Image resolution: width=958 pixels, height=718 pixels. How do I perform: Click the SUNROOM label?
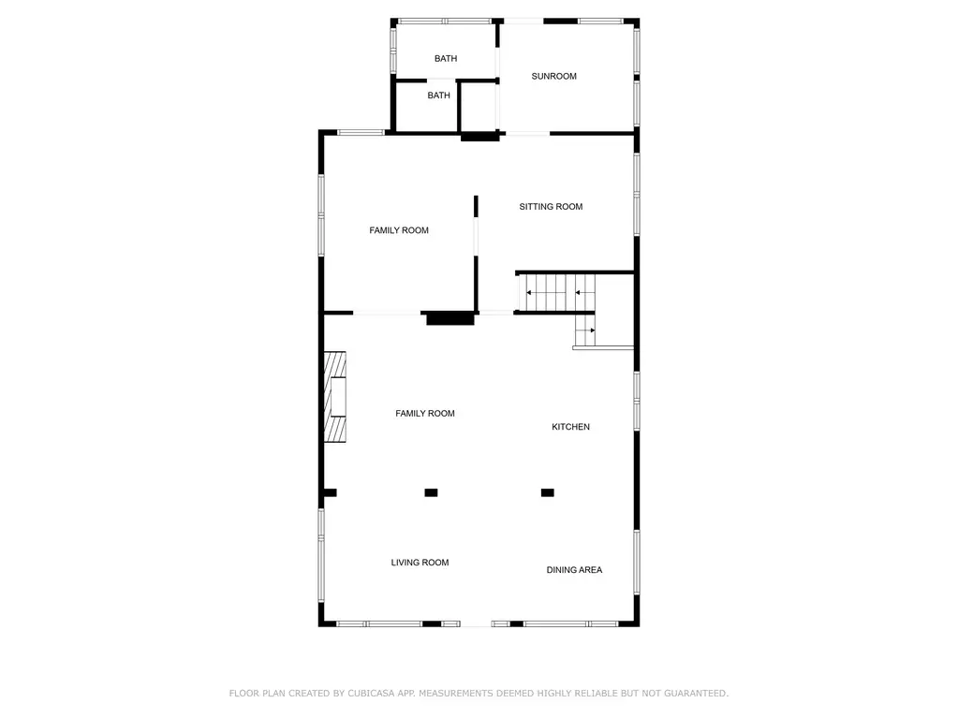pyautogui.click(x=553, y=77)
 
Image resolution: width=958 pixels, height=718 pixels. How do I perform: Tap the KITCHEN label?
pyautogui.click(x=570, y=427)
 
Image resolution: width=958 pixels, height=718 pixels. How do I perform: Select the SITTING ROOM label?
pyautogui.click(x=551, y=206)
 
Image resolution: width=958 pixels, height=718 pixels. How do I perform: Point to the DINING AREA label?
pyautogui.click(x=574, y=570)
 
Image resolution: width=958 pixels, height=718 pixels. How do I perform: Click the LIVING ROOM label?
pyautogui.click(x=420, y=563)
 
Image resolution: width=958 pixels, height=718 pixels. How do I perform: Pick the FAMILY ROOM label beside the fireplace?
pyautogui.click(x=424, y=414)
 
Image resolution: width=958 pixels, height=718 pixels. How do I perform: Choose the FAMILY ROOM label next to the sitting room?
pyautogui.click(x=398, y=230)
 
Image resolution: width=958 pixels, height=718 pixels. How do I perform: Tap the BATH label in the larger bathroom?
pyautogui.click(x=446, y=59)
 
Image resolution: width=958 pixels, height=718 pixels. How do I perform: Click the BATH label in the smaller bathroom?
pyautogui.click(x=438, y=95)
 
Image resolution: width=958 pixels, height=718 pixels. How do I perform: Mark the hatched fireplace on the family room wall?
pyautogui.click(x=335, y=396)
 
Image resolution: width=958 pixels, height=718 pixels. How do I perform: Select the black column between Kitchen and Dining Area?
pyautogui.click(x=548, y=492)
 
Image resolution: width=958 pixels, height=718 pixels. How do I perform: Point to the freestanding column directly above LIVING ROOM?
pyautogui.click(x=431, y=492)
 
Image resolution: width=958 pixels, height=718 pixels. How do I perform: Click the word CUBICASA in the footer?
pyautogui.click(x=370, y=693)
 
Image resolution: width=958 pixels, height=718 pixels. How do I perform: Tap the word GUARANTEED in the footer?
pyautogui.click(x=696, y=693)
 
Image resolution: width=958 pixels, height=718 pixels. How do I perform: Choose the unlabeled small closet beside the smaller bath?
pyautogui.click(x=479, y=106)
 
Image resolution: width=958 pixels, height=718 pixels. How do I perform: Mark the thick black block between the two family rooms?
pyautogui.click(x=450, y=318)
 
